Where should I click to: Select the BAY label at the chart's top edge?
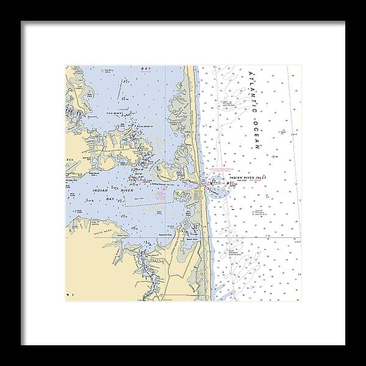[145, 70]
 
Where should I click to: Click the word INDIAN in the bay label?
[101, 191]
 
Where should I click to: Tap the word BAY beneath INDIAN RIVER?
[110, 199]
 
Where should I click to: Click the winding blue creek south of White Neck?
[146, 268]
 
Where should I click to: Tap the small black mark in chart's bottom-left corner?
[70, 295]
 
